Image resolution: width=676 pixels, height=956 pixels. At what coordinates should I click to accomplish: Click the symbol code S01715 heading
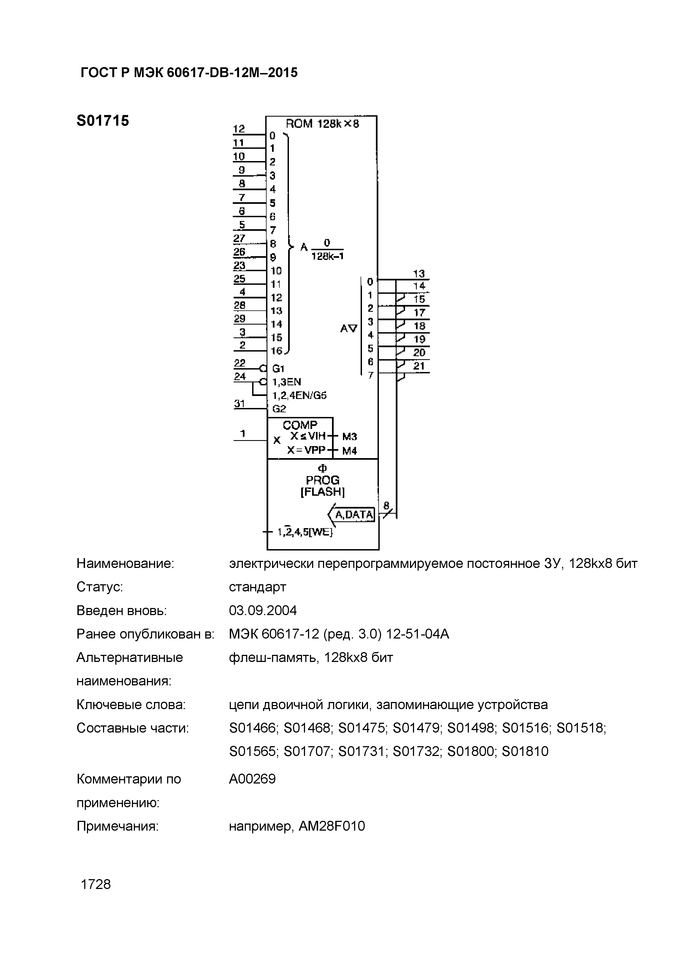tap(103, 121)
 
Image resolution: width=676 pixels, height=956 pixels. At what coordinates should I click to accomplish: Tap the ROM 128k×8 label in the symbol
tap(322, 124)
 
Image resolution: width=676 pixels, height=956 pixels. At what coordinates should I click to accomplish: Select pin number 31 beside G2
tap(240, 404)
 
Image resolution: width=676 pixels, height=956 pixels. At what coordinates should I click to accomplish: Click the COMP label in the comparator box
tap(300, 425)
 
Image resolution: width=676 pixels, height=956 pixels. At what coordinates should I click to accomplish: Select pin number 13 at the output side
tap(419, 274)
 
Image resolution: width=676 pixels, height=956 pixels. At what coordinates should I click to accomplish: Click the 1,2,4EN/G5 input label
tap(299, 395)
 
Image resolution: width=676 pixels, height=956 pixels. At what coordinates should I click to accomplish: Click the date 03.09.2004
tap(263, 610)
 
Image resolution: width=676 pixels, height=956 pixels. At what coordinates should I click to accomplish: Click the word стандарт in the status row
tap(257, 587)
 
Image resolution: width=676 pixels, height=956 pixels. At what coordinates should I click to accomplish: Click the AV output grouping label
tap(349, 328)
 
